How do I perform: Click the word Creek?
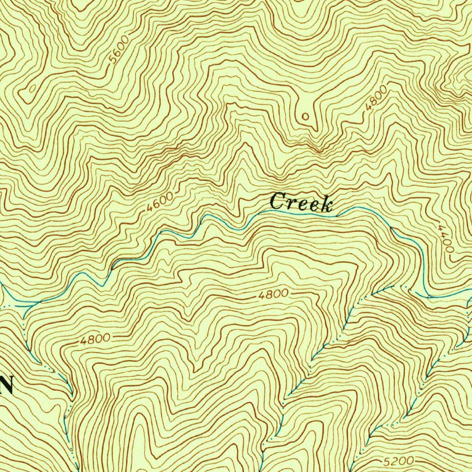point(302,202)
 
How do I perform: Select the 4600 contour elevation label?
point(160,202)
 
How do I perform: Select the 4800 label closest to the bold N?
point(95,340)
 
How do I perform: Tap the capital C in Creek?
point(277,202)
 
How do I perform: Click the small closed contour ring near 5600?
point(33,88)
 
